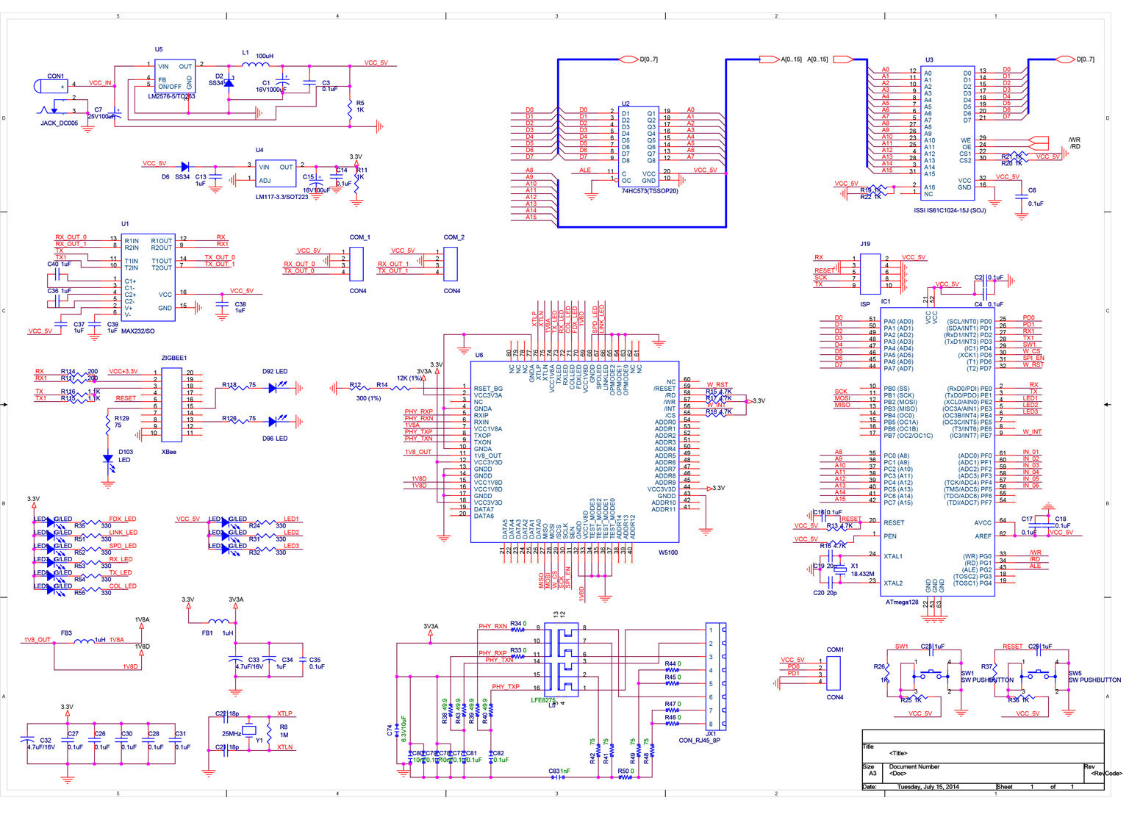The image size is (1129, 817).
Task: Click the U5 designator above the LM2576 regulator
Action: [159, 50]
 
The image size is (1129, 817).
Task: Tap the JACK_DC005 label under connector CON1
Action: [59, 123]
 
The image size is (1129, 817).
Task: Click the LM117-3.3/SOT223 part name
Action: [282, 197]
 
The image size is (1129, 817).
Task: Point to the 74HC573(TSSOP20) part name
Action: [649, 191]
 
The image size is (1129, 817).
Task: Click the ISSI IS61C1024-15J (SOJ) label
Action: [949, 210]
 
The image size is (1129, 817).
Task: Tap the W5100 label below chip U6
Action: [667, 553]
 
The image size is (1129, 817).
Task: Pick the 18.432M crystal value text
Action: [861, 574]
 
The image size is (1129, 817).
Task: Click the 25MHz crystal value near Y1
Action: [232, 733]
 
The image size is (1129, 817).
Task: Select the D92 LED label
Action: [275, 372]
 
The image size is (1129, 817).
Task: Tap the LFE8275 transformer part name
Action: [542, 700]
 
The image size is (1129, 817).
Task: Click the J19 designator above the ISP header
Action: [865, 244]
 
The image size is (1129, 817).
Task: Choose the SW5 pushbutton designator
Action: [1075, 673]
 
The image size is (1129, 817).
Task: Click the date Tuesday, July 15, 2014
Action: [928, 787]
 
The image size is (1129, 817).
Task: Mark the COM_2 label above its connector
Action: [454, 237]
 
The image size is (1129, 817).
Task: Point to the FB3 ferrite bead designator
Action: [66, 633]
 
